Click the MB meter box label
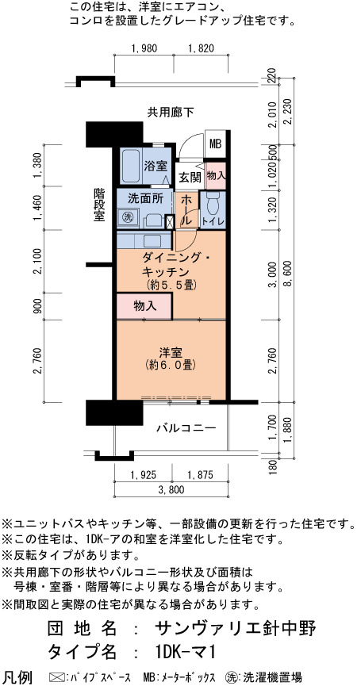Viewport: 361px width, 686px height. (215, 144)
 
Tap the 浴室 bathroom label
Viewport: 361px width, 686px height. (155, 166)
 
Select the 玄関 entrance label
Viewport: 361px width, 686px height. (190, 177)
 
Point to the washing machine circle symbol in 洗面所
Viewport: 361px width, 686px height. (127, 217)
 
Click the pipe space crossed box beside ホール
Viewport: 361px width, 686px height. (170, 221)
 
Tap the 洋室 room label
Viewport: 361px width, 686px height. (171, 352)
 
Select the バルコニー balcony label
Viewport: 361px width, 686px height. (186, 428)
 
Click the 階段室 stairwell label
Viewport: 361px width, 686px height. (99, 205)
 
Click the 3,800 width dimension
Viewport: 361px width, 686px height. (171, 489)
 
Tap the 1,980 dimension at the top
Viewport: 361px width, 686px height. (144, 48)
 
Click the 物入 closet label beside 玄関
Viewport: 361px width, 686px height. (215, 175)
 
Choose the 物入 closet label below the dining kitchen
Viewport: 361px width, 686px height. (145, 306)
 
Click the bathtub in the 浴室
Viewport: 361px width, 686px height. (131, 167)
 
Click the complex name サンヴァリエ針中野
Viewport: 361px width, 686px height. (235, 629)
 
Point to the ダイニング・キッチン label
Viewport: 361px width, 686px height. (171, 265)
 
